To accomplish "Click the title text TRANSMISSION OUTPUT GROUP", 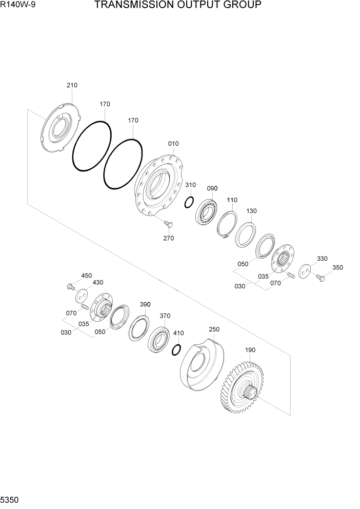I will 178,6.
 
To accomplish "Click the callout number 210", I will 72,85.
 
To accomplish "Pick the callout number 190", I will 250,350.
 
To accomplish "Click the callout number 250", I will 214,329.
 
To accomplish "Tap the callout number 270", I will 168,238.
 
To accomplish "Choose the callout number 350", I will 337,267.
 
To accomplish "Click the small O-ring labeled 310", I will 189,202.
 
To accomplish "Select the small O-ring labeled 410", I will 176,349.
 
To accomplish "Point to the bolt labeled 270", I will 167,224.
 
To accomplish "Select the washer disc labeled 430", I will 82,296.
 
